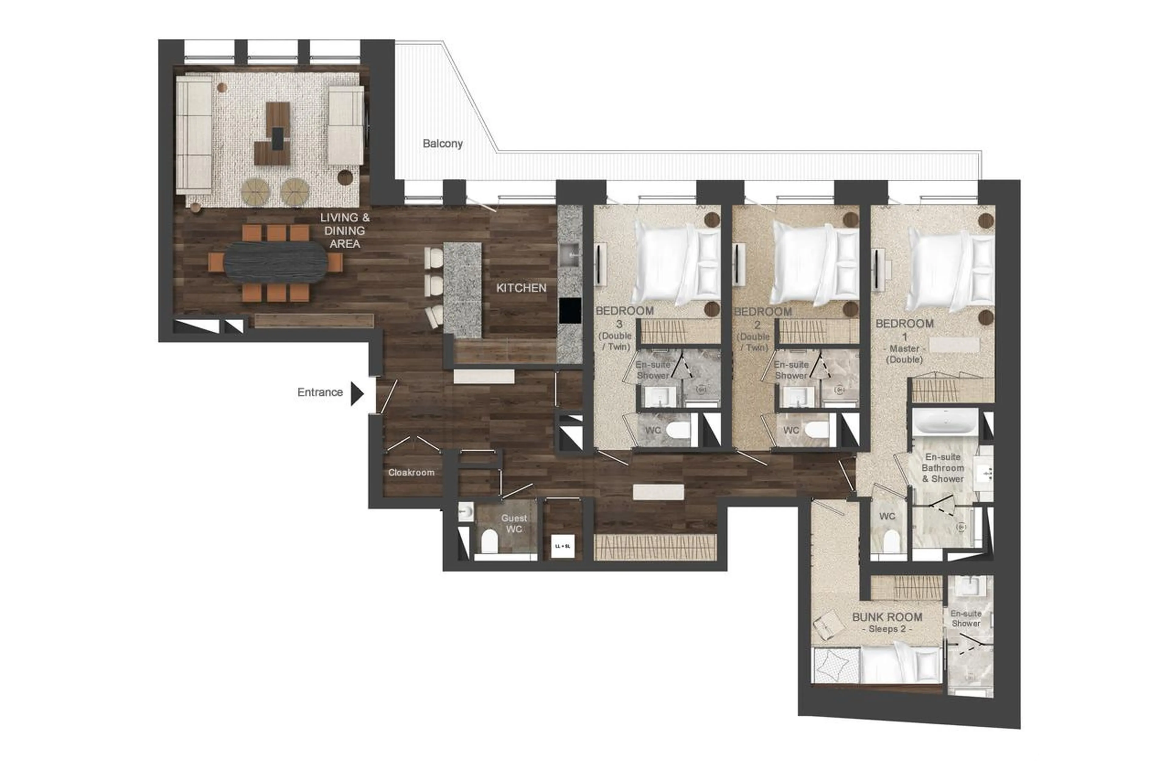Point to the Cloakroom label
click(x=411, y=472)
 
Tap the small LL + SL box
click(x=562, y=546)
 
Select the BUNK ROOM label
click(x=886, y=617)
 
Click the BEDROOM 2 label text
click(x=762, y=312)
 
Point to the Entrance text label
click(x=320, y=393)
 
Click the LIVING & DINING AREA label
click(x=344, y=231)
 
